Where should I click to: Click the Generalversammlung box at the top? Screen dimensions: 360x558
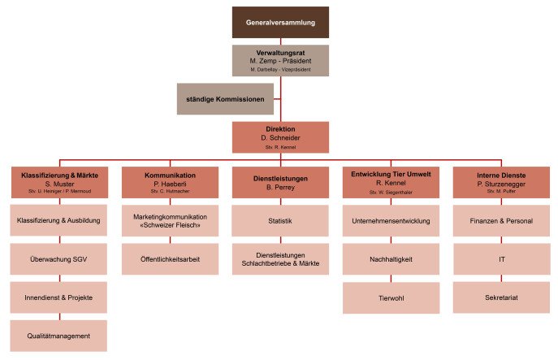[280, 22]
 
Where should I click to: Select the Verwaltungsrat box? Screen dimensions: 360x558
[280, 59]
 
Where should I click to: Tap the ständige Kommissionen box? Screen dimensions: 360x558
[225, 98]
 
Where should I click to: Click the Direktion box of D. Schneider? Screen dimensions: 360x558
[280, 137]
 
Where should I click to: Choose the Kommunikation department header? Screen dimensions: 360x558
[170, 182]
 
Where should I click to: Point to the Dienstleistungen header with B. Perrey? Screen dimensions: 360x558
[280, 182]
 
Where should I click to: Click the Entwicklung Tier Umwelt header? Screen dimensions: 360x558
[391, 182]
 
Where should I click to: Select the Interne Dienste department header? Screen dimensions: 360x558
[501, 182]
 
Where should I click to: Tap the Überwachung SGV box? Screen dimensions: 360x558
[58, 258]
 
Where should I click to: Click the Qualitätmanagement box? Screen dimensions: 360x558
[58, 335]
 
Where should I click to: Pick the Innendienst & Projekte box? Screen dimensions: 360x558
[58, 297]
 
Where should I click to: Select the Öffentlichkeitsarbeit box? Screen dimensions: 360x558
[170, 258]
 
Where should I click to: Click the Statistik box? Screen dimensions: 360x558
[280, 220]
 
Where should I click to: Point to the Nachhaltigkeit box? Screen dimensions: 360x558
[391, 258]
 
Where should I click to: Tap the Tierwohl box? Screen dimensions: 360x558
[391, 297]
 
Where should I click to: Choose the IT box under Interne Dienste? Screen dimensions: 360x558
[501, 258]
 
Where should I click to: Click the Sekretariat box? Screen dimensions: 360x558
[501, 297]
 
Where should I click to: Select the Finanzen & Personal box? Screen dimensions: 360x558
[501, 220]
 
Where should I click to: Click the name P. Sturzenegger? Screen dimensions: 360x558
[501, 184]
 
